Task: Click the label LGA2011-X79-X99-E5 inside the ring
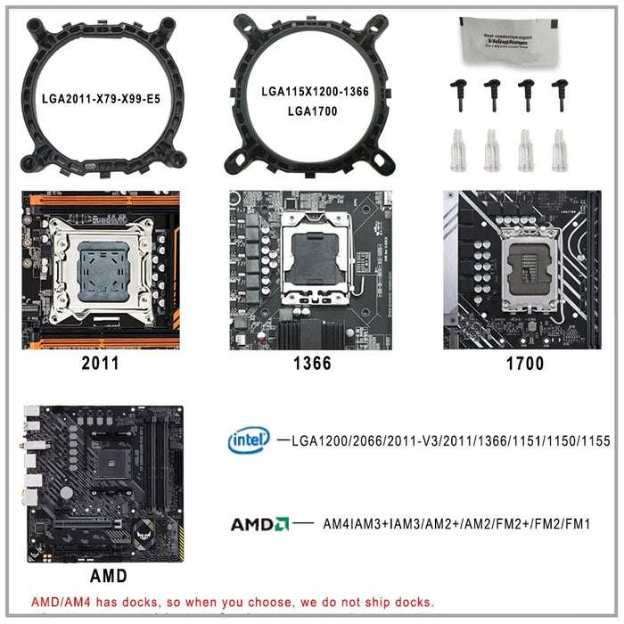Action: [x=101, y=98]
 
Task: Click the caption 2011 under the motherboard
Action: [x=99, y=363]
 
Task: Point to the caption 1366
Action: [x=312, y=363]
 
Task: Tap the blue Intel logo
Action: [x=249, y=439]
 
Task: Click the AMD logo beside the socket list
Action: [x=259, y=524]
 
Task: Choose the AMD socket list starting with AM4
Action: [x=456, y=524]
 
